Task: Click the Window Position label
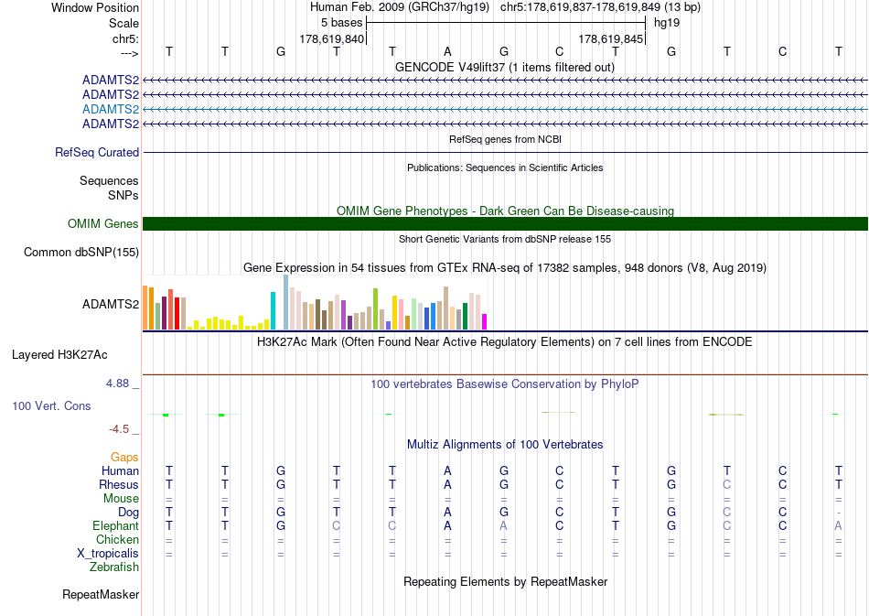coord(95,7)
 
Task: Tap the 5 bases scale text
coord(341,23)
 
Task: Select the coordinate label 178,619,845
coord(610,38)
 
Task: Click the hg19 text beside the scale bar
coord(667,23)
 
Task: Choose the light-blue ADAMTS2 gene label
coord(111,109)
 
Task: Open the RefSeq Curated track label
coord(97,153)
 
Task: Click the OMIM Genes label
coord(103,223)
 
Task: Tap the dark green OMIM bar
coord(505,223)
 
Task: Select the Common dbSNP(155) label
coord(81,253)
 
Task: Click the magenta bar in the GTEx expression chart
coord(485,321)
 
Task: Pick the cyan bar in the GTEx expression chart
coord(273,310)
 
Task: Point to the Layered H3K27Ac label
coord(59,355)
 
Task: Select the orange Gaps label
coord(124,458)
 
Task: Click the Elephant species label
coord(115,525)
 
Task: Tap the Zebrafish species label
coord(114,567)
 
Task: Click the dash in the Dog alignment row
coord(839,513)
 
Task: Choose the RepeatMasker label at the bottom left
coord(101,594)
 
